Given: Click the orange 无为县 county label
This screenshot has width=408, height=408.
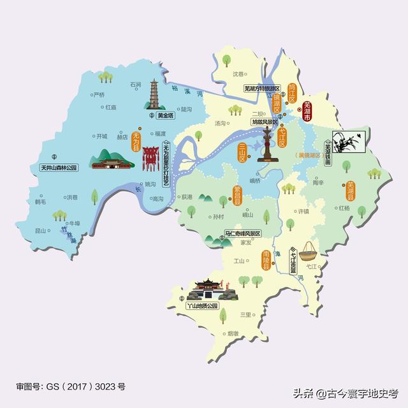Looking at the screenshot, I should (135, 141).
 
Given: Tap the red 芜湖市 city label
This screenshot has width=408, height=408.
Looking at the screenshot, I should (307, 111).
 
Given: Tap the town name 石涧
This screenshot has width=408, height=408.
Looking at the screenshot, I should (135, 84).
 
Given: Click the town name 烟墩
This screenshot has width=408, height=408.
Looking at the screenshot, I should (233, 333).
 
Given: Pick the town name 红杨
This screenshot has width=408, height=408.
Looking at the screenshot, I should (344, 208).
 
